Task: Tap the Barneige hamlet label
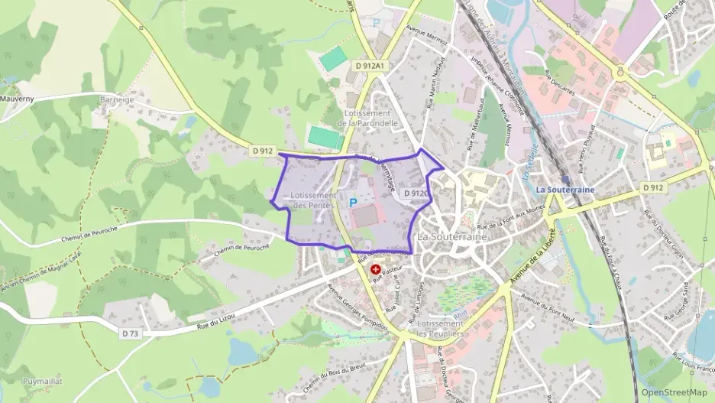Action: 118,99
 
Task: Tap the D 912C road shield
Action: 415,193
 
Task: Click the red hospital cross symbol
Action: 376,270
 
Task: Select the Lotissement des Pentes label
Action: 313,200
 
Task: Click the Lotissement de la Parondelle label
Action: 367,118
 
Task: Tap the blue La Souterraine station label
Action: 565,190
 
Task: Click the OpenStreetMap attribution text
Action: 674,392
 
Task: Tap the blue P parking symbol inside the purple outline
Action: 353,202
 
